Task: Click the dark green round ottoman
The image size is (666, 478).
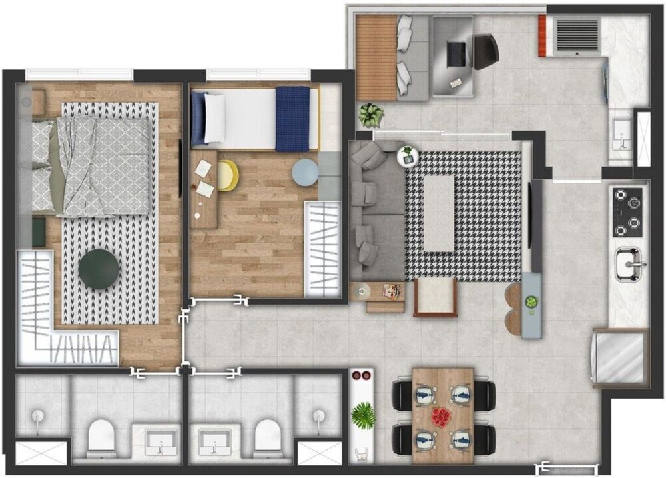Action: tap(99, 269)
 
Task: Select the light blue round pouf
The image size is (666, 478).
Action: tap(304, 173)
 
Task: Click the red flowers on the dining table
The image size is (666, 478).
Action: tap(440, 417)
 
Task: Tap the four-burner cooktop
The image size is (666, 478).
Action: tap(627, 212)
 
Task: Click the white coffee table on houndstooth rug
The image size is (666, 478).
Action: tap(439, 213)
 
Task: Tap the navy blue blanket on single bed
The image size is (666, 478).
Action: tap(292, 119)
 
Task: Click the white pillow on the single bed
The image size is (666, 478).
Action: tap(214, 118)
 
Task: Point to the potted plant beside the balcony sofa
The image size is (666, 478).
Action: tap(371, 115)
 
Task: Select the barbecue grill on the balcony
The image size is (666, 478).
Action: tap(577, 34)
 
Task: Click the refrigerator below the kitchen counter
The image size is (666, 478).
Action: tap(619, 358)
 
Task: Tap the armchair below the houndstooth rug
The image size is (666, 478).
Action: tap(435, 297)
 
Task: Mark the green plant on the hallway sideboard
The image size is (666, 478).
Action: tap(363, 416)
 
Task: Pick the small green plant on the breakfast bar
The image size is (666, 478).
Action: tap(531, 302)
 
